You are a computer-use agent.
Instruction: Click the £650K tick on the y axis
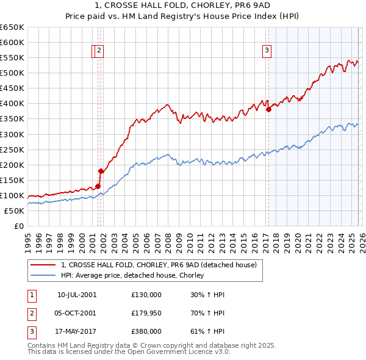click(x=12, y=27)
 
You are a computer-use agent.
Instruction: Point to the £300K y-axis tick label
click(x=12, y=134)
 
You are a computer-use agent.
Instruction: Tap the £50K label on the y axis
click(x=14, y=211)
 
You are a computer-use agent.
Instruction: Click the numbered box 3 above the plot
click(x=267, y=52)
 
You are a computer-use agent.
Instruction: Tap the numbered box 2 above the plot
click(x=99, y=52)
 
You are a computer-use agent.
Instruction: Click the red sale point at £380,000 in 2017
click(x=268, y=110)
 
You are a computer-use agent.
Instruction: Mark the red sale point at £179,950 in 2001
click(x=101, y=171)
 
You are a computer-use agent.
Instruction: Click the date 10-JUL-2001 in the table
click(x=77, y=295)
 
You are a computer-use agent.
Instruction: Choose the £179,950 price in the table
click(x=146, y=313)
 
